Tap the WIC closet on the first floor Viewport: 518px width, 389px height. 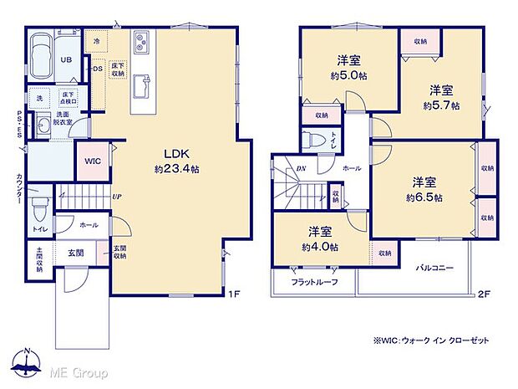point(92,161)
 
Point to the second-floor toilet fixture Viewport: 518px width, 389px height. point(316,141)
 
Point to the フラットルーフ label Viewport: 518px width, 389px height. point(313,283)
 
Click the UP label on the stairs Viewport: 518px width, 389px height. point(118,197)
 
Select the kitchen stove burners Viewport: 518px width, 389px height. point(140,40)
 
